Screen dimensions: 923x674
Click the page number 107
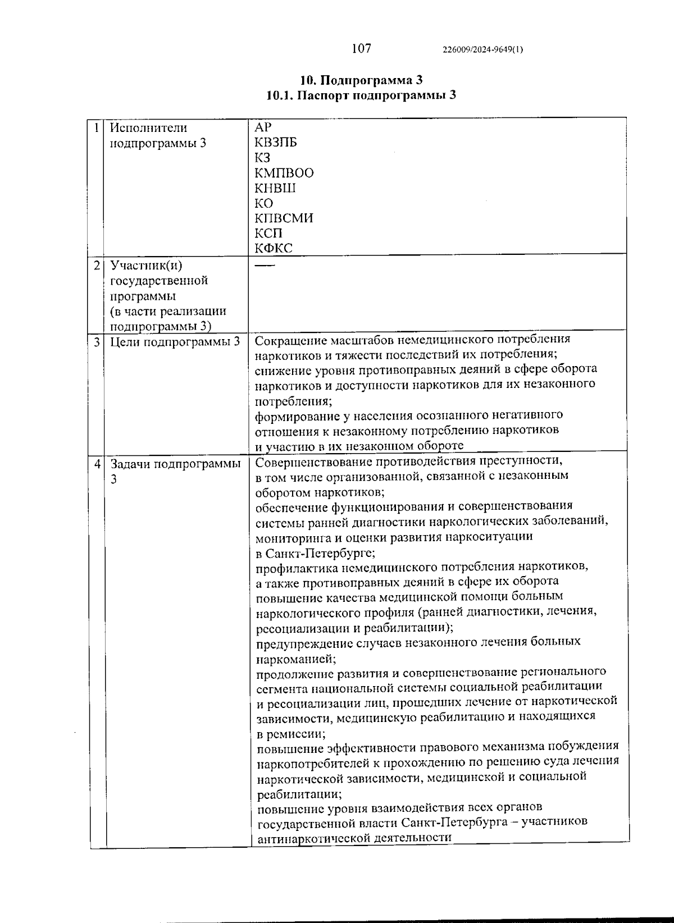coord(361,48)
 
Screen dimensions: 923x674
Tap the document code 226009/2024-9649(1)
coord(483,49)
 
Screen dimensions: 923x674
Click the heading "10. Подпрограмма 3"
coord(361,80)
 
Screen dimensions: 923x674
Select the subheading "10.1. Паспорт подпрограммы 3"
coord(361,95)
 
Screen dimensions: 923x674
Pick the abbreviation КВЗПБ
coord(275,143)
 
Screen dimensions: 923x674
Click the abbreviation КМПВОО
coord(284,173)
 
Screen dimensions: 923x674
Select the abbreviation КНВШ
coord(275,188)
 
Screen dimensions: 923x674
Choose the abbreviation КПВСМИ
coord(284,218)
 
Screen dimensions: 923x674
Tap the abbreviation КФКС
coord(274,248)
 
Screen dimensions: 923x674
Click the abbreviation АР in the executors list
coord(263,127)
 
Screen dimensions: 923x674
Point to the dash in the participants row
coord(265,264)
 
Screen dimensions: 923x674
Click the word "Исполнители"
coord(148,128)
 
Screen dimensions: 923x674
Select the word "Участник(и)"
coord(147,265)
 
